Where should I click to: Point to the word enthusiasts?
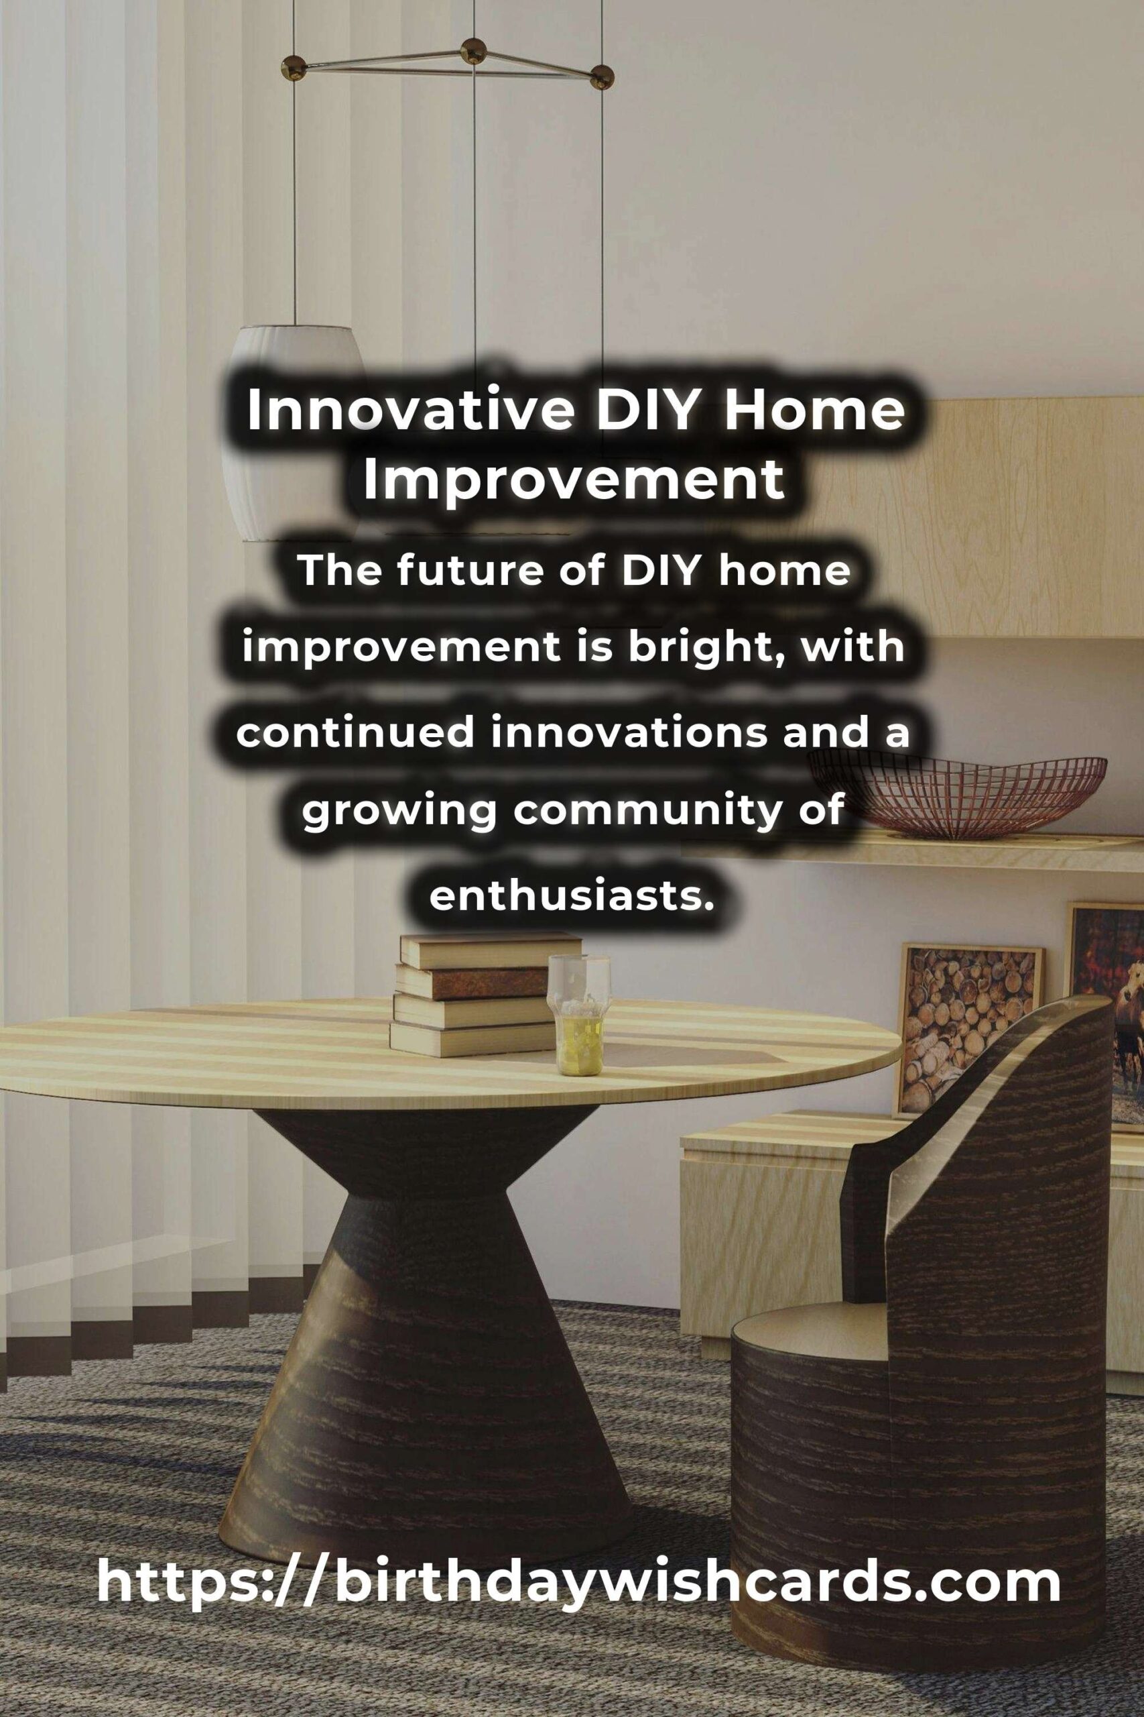[x=570, y=894]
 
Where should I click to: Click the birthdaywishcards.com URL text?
[x=578, y=1516]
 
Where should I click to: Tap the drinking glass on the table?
[x=579, y=1015]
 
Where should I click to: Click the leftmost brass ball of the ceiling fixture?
[x=294, y=68]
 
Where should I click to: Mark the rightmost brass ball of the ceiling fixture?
[x=601, y=76]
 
